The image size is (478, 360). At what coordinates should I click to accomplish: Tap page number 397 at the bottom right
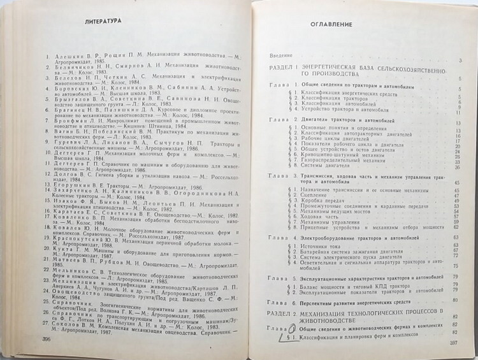[x=454, y=345]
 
